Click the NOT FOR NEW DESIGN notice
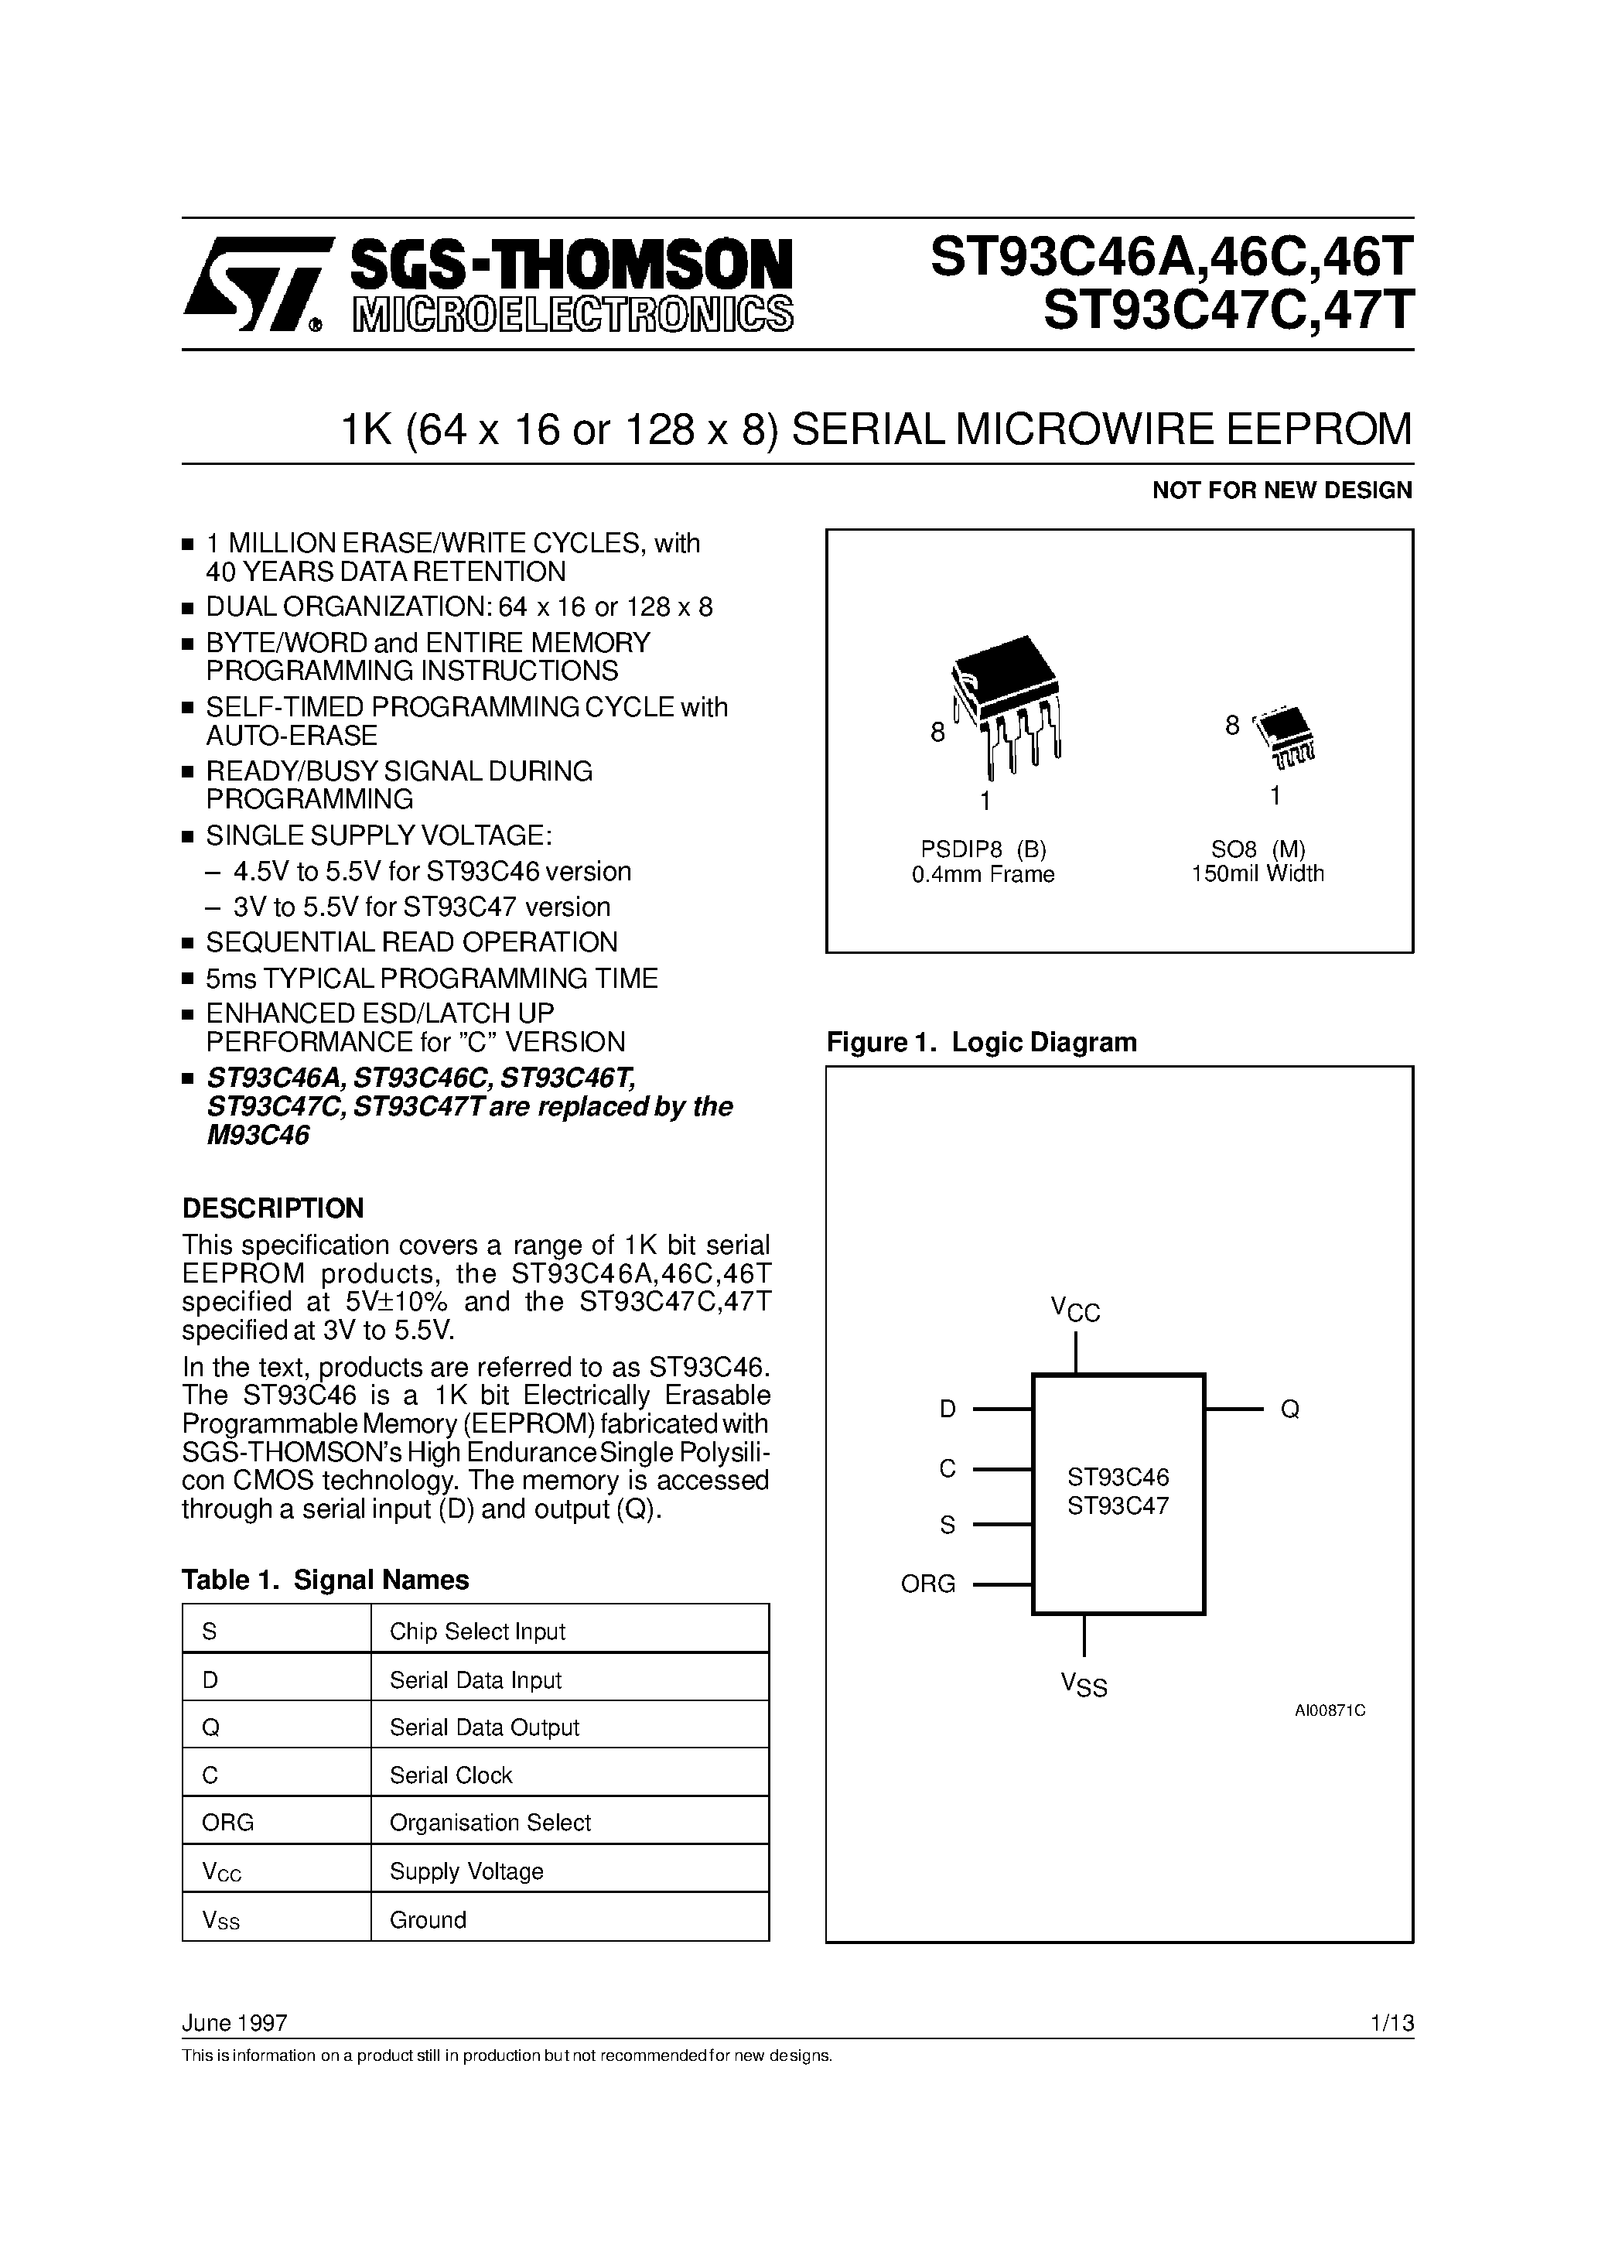click(x=1282, y=490)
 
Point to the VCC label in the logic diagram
click(x=1075, y=1310)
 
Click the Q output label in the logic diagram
click(x=1289, y=1409)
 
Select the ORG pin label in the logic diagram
click(x=928, y=1584)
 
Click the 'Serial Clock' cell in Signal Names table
click(x=451, y=1775)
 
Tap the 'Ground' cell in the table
click(x=428, y=1919)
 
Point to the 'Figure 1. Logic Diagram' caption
click(x=982, y=1042)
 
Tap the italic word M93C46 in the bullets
click(x=258, y=1135)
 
